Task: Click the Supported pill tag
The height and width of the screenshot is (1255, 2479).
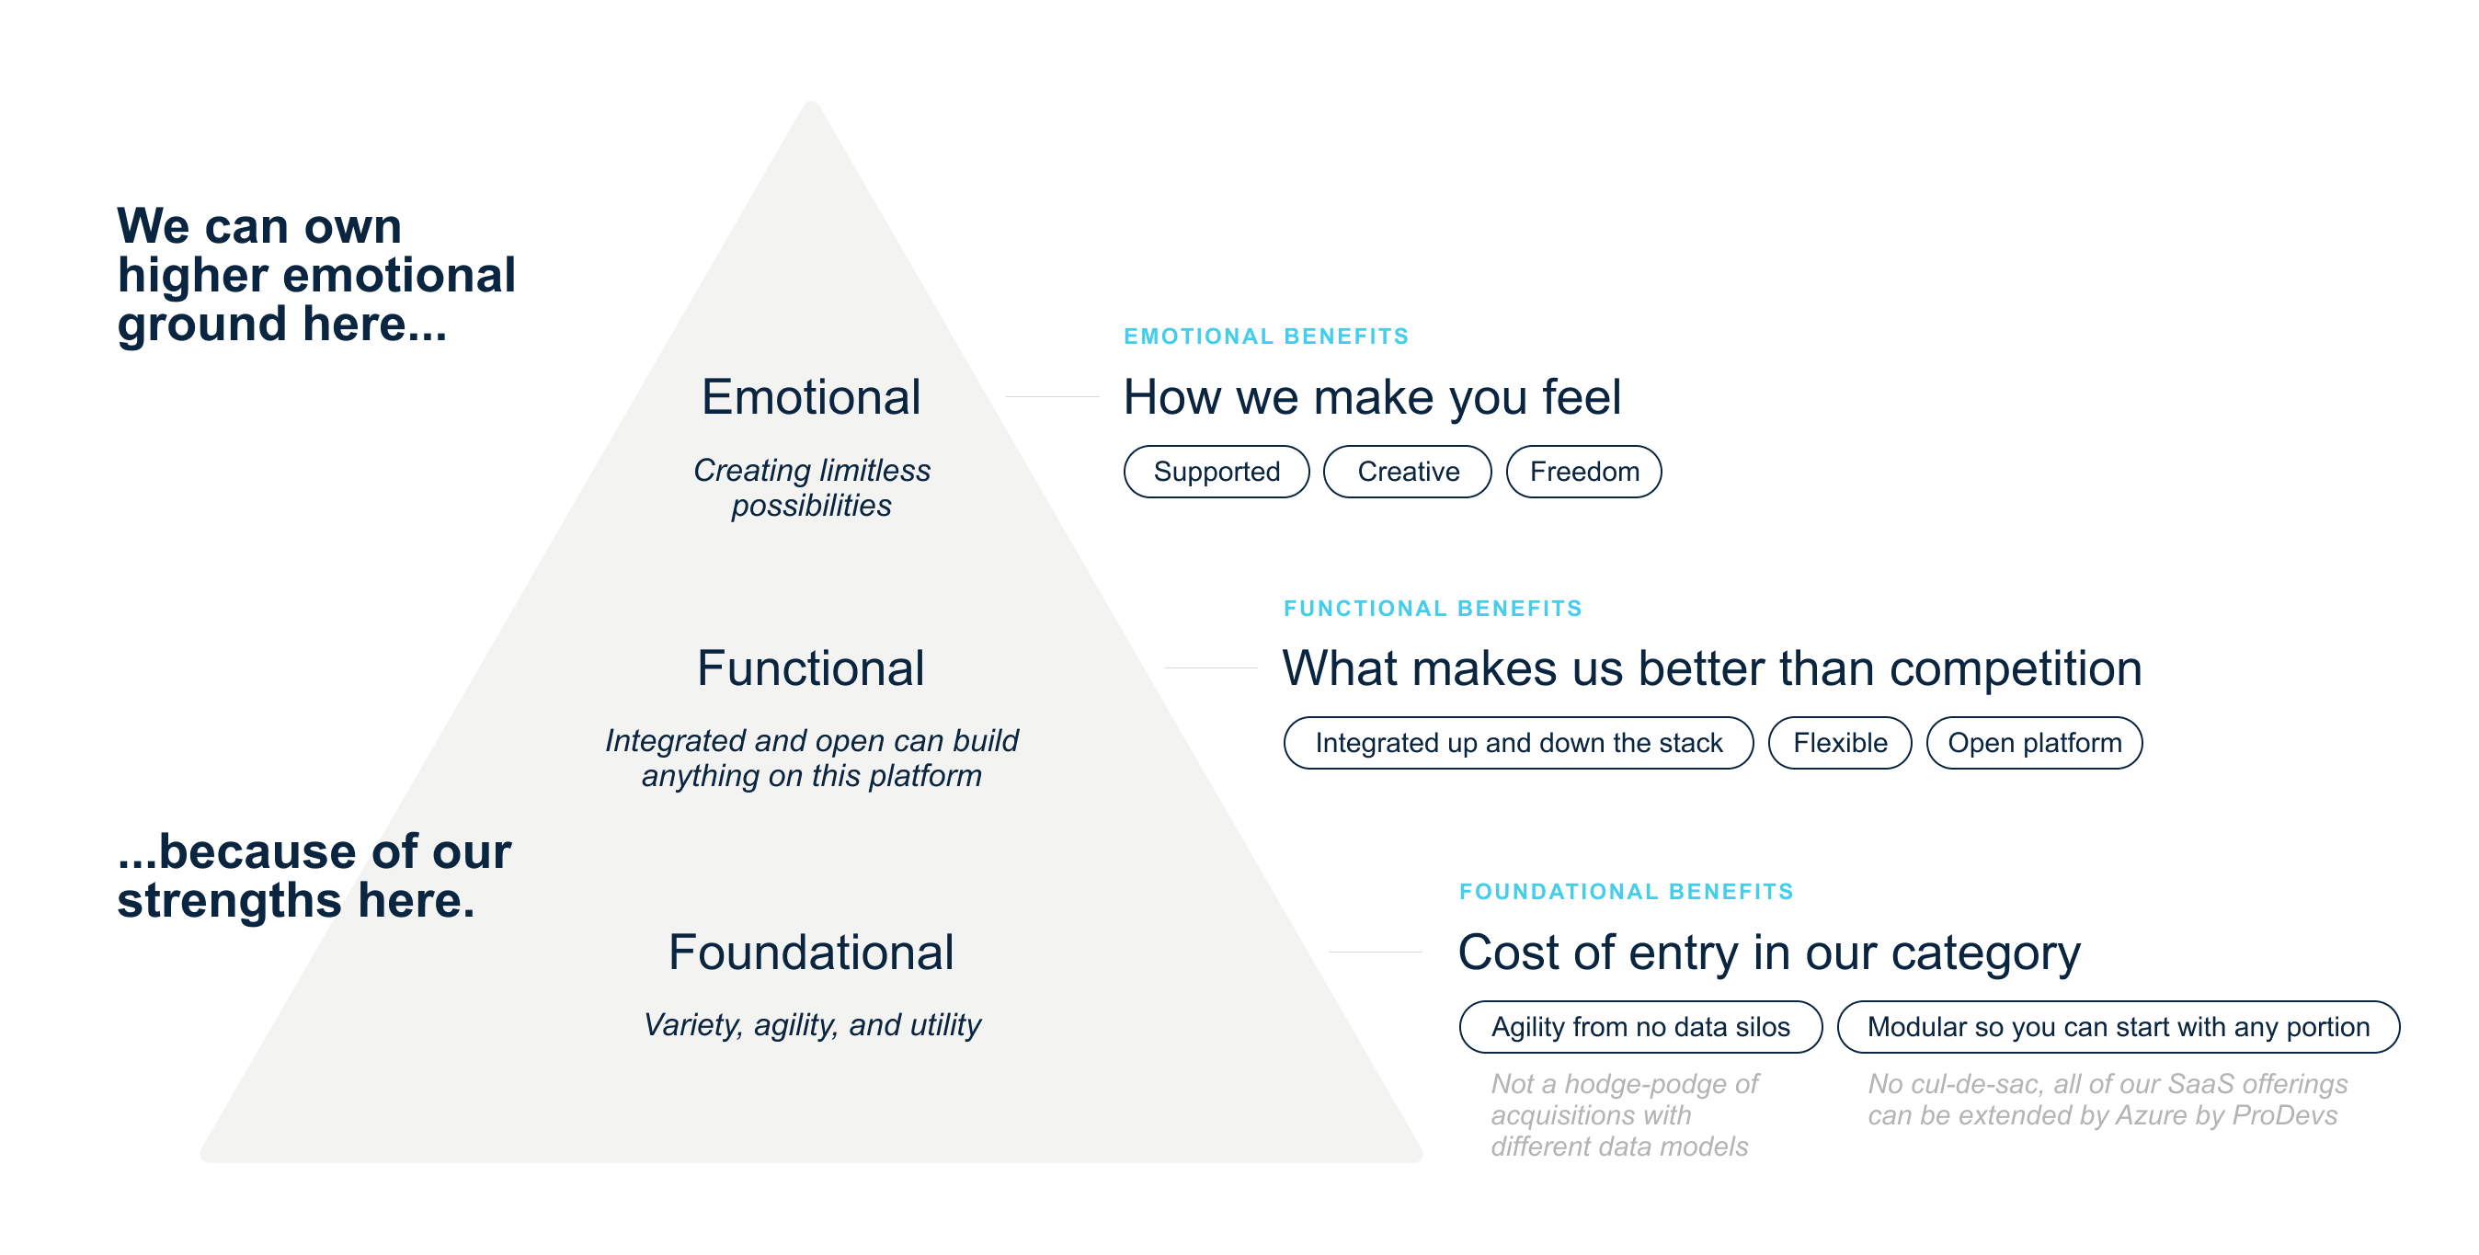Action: (1217, 472)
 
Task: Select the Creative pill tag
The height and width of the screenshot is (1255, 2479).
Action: (1408, 472)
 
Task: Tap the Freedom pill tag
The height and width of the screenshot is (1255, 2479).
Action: (1584, 472)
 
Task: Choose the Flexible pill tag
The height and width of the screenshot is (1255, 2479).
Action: (1840, 743)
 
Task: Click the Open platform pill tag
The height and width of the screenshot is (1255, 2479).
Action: (2034, 743)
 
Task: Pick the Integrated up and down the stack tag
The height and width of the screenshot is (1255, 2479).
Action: (1519, 743)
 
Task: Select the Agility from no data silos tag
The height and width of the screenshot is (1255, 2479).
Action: (1640, 1027)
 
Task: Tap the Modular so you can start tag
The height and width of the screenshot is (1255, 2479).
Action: (2119, 1027)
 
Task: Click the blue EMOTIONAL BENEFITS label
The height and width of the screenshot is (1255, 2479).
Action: (1265, 336)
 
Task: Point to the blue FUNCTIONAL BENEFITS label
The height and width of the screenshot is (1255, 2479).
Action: (1432, 609)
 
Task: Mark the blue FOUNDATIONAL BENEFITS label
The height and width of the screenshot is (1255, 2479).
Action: (1627, 891)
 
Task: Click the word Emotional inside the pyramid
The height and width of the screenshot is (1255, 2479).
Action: (810, 397)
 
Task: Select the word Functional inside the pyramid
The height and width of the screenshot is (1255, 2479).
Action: (810, 669)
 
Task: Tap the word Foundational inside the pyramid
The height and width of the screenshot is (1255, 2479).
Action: (810, 953)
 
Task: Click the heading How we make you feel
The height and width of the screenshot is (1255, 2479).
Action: (1371, 397)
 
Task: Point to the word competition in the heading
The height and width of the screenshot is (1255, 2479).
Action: (2016, 669)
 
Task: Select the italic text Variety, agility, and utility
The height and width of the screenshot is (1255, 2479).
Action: (811, 1025)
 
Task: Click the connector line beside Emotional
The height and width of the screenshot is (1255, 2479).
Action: (1052, 396)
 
